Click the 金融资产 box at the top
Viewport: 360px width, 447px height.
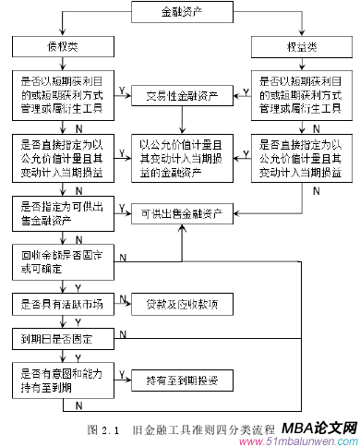pyautogui.click(x=180, y=12)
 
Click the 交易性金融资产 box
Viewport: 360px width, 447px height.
pyautogui.click(x=181, y=95)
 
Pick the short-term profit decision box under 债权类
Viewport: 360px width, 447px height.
pyautogui.click(x=63, y=95)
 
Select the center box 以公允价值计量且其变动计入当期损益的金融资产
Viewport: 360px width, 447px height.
pyautogui.click(x=181, y=156)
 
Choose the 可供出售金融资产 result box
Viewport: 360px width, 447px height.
pyautogui.click(x=181, y=214)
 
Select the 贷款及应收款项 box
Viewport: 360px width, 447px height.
pyautogui.click(x=181, y=303)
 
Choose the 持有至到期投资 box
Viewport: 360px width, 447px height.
pyautogui.click(x=181, y=379)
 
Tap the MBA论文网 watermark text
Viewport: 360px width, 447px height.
pyautogui.click(x=317, y=429)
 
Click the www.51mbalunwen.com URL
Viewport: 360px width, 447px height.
pyautogui.click(x=304, y=441)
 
